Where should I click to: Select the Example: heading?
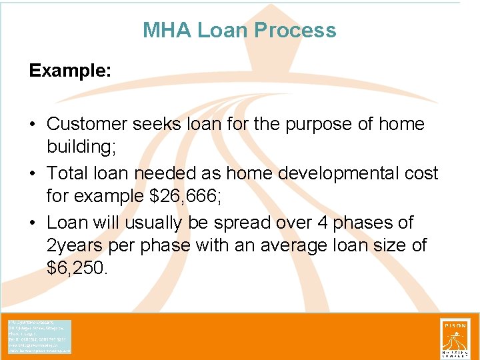pos(70,71)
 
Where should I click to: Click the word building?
pos(79,147)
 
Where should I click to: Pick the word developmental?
pos(316,173)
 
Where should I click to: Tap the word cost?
pos(417,173)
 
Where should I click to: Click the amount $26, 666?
pos(184,196)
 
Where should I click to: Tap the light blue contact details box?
pos(39,337)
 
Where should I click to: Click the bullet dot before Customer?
pos(33,125)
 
